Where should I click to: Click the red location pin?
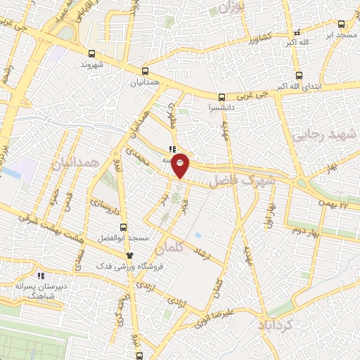click(181, 165)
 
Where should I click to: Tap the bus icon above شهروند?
click(91, 53)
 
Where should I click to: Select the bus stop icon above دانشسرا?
click(221, 97)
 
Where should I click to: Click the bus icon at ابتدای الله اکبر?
click(299, 76)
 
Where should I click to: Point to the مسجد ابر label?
click(340, 33)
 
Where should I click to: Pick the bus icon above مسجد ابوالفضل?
click(124, 227)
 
